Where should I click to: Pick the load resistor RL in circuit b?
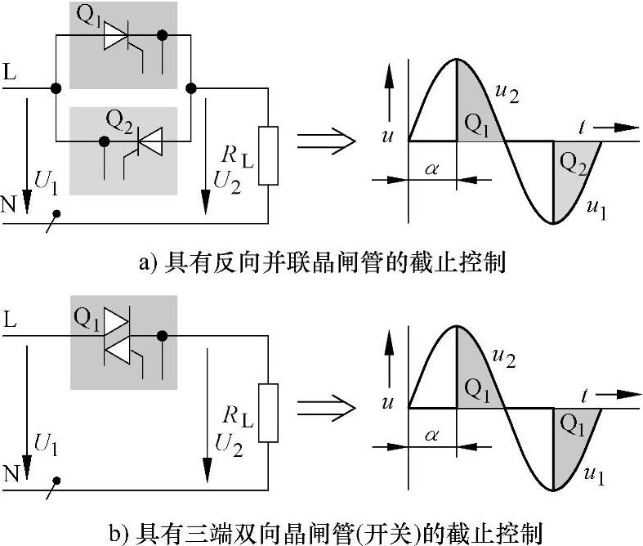tap(267, 413)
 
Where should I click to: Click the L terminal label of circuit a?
tap(9, 71)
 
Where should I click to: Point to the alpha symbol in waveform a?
tap(434, 169)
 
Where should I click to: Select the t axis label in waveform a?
tap(584, 126)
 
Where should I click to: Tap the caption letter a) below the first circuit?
tap(148, 263)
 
